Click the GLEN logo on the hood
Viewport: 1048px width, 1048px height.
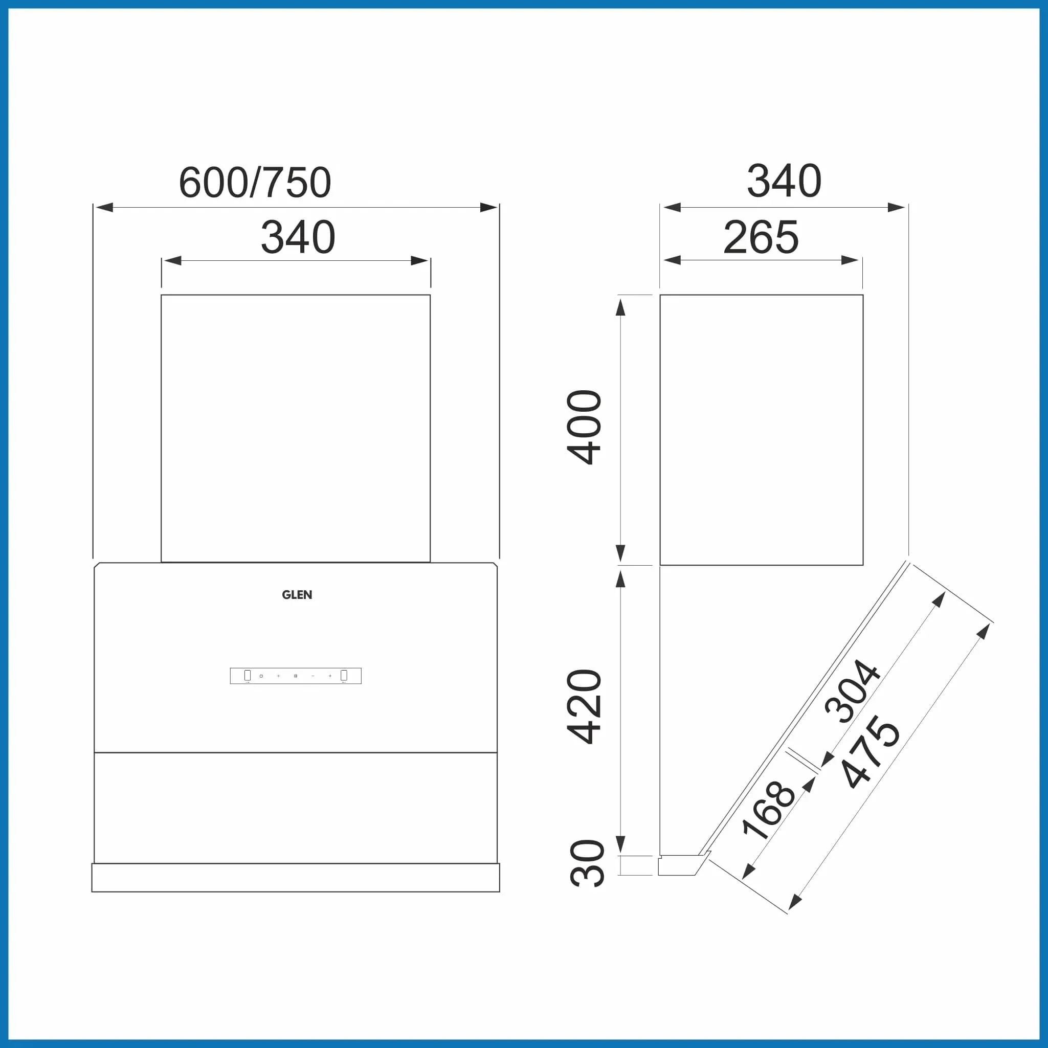(x=297, y=594)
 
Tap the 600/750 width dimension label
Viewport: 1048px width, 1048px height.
(x=255, y=182)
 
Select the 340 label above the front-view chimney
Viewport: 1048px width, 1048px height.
(x=298, y=237)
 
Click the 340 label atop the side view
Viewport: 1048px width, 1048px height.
(x=784, y=181)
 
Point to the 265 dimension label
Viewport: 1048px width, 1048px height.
(x=761, y=237)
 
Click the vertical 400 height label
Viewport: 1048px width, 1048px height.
(x=584, y=428)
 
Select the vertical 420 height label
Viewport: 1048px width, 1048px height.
(x=584, y=706)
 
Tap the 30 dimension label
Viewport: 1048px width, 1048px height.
(x=587, y=863)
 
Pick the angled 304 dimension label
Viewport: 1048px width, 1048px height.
(x=852, y=692)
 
